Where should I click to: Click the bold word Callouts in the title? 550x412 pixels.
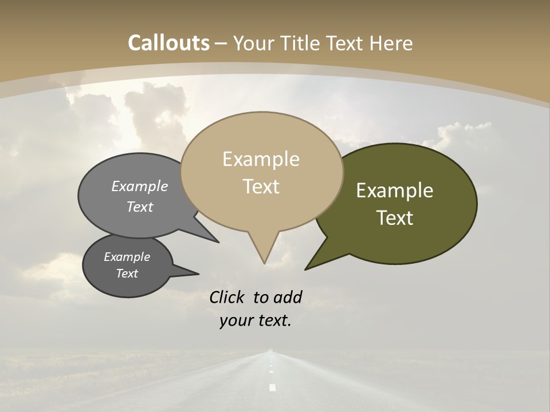pyautogui.click(x=168, y=43)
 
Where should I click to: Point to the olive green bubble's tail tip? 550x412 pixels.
pyautogui.click(x=306, y=269)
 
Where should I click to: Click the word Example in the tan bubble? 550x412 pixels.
pyautogui.click(x=261, y=159)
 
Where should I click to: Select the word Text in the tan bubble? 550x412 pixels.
pyautogui.click(x=261, y=187)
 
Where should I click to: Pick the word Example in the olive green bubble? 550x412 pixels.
pyautogui.click(x=395, y=191)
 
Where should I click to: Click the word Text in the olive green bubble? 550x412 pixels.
pyautogui.click(x=395, y=218)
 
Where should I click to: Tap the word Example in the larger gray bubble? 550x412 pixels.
pyautogui.click(x=140, y=187)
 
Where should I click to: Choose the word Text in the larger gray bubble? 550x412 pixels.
pyautogui.click(x=140, y=207)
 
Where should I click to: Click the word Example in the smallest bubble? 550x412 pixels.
pyautogui.click(x=127, y=257)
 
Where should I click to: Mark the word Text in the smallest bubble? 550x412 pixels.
pyautogui.click(x=127, y=274)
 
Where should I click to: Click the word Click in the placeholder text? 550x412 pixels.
pyautogui.click(x=227, y=297)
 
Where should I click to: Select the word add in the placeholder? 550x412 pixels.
pyautogui.click(x=287, y=297)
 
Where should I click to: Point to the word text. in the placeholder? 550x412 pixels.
pyautogui.click(x=273, y=321)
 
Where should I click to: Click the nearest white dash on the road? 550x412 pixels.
pyautogui.click(x=272, y=388)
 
